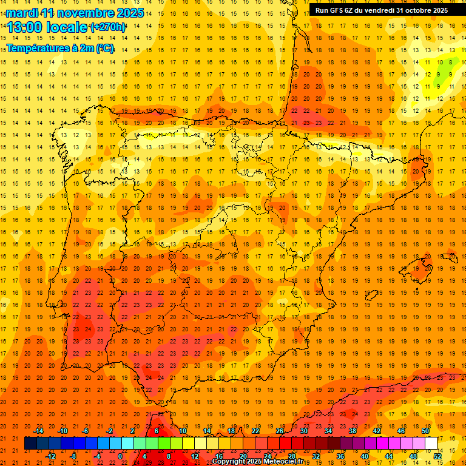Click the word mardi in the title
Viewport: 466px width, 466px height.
(22, 13)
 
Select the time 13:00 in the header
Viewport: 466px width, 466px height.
(27, 27)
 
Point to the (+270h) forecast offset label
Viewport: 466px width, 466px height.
(108, 27)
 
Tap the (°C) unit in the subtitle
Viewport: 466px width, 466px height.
(105, 48)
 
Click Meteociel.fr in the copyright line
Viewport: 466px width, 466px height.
(280, 462)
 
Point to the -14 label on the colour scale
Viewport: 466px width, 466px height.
(38, 430)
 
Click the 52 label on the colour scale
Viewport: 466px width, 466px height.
(438, 456)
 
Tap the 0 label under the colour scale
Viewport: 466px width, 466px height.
(120, 456)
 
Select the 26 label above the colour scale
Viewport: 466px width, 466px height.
(280, 430)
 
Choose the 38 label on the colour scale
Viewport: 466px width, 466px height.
(352, 430)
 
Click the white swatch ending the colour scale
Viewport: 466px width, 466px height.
(431, 444)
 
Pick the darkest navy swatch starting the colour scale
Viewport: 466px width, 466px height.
(30, 444)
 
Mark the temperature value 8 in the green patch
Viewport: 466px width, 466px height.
(450, 62)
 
